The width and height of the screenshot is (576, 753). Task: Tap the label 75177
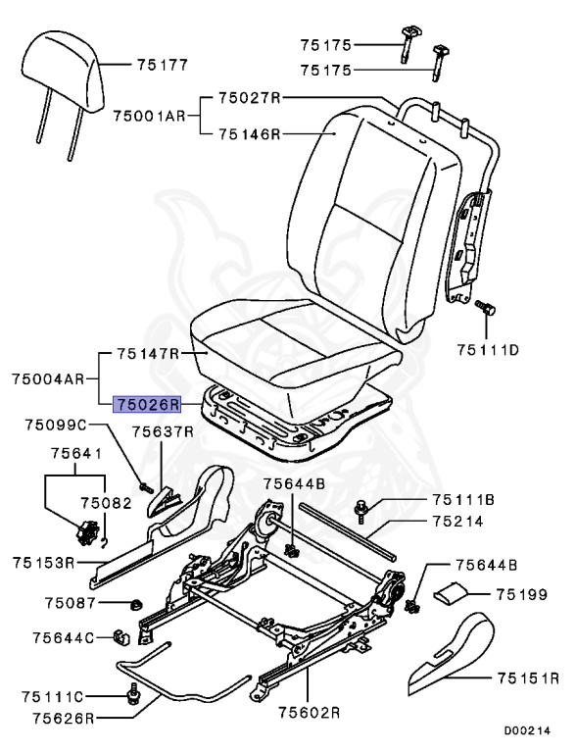click(163, 66)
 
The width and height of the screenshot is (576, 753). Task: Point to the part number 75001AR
click(149, 116)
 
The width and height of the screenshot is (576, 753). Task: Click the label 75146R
click(250, 134)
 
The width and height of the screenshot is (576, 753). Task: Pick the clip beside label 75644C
click(120, 637)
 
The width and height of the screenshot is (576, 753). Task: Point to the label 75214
click(456, 522)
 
